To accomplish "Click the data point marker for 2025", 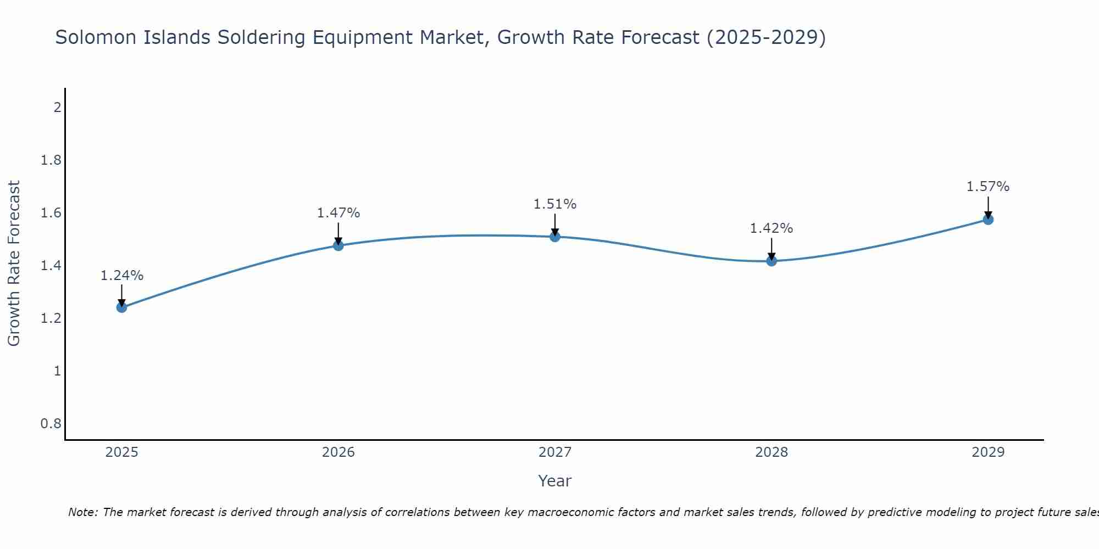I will [x=122, y=307].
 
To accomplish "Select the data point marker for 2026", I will [x=338, y=245].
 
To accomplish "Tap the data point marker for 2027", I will [x=555, y=237].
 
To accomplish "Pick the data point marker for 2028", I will [x=771, y=261].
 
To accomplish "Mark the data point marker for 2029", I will [x=988, y=220].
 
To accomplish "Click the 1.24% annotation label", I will [x=122, y=276].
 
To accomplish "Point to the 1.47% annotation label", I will [x=338, y=213].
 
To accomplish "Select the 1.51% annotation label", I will [x=555, y=204].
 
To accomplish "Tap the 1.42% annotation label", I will [x=771, y=228].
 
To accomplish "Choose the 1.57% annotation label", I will [x=988, y=187].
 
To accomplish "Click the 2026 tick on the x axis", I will [x=338, y=452].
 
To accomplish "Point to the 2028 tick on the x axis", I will [x=771, y=452].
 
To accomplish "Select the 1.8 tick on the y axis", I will [x=51, y=160].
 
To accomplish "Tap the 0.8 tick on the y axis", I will [x=51, y=424].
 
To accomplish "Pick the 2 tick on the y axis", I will [x=57, y=108].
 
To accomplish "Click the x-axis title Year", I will [x=555, y=481].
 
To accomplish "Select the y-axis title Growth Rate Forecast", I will [x=14, y=264].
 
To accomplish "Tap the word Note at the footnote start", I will [x=82, y=512].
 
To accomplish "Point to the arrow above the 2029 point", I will [x=988, y=208].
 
